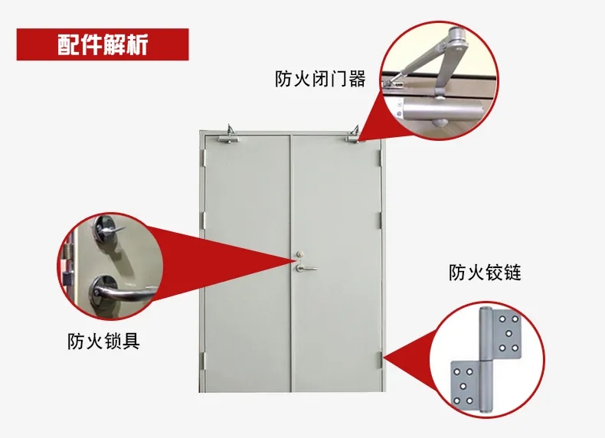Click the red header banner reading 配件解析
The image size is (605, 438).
tap(103, 44)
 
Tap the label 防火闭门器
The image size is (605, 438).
tap(320, 78)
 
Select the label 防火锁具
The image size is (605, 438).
tap(103, 340)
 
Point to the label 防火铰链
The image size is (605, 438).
tap(485, 272)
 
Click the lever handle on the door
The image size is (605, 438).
tap(306, 266)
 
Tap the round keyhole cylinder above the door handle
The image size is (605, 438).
tap(299, 255)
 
